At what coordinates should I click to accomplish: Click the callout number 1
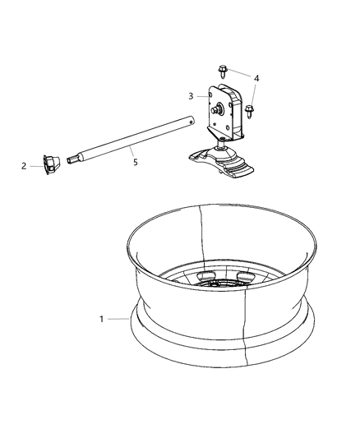[102, 319]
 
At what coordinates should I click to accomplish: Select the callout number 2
[24, 166]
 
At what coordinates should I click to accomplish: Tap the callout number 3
[191, 96]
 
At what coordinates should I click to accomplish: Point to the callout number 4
[256, 78]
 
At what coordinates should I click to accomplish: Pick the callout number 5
[136, 162]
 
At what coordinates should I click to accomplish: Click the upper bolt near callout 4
[222, 71]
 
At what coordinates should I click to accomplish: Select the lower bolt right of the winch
[249, 112]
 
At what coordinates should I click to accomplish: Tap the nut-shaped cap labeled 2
[51, 165]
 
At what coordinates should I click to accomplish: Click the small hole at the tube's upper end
[191, 122]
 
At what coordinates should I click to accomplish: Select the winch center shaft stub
[215, 109]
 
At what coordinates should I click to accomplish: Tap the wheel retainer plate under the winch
[221, 161]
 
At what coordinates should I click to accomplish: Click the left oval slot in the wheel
[205, 276]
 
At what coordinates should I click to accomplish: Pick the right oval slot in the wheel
[246, 276]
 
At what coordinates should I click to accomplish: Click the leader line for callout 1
[118, 319]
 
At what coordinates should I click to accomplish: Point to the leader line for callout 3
[203, 96]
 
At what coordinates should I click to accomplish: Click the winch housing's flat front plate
[220, 112]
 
